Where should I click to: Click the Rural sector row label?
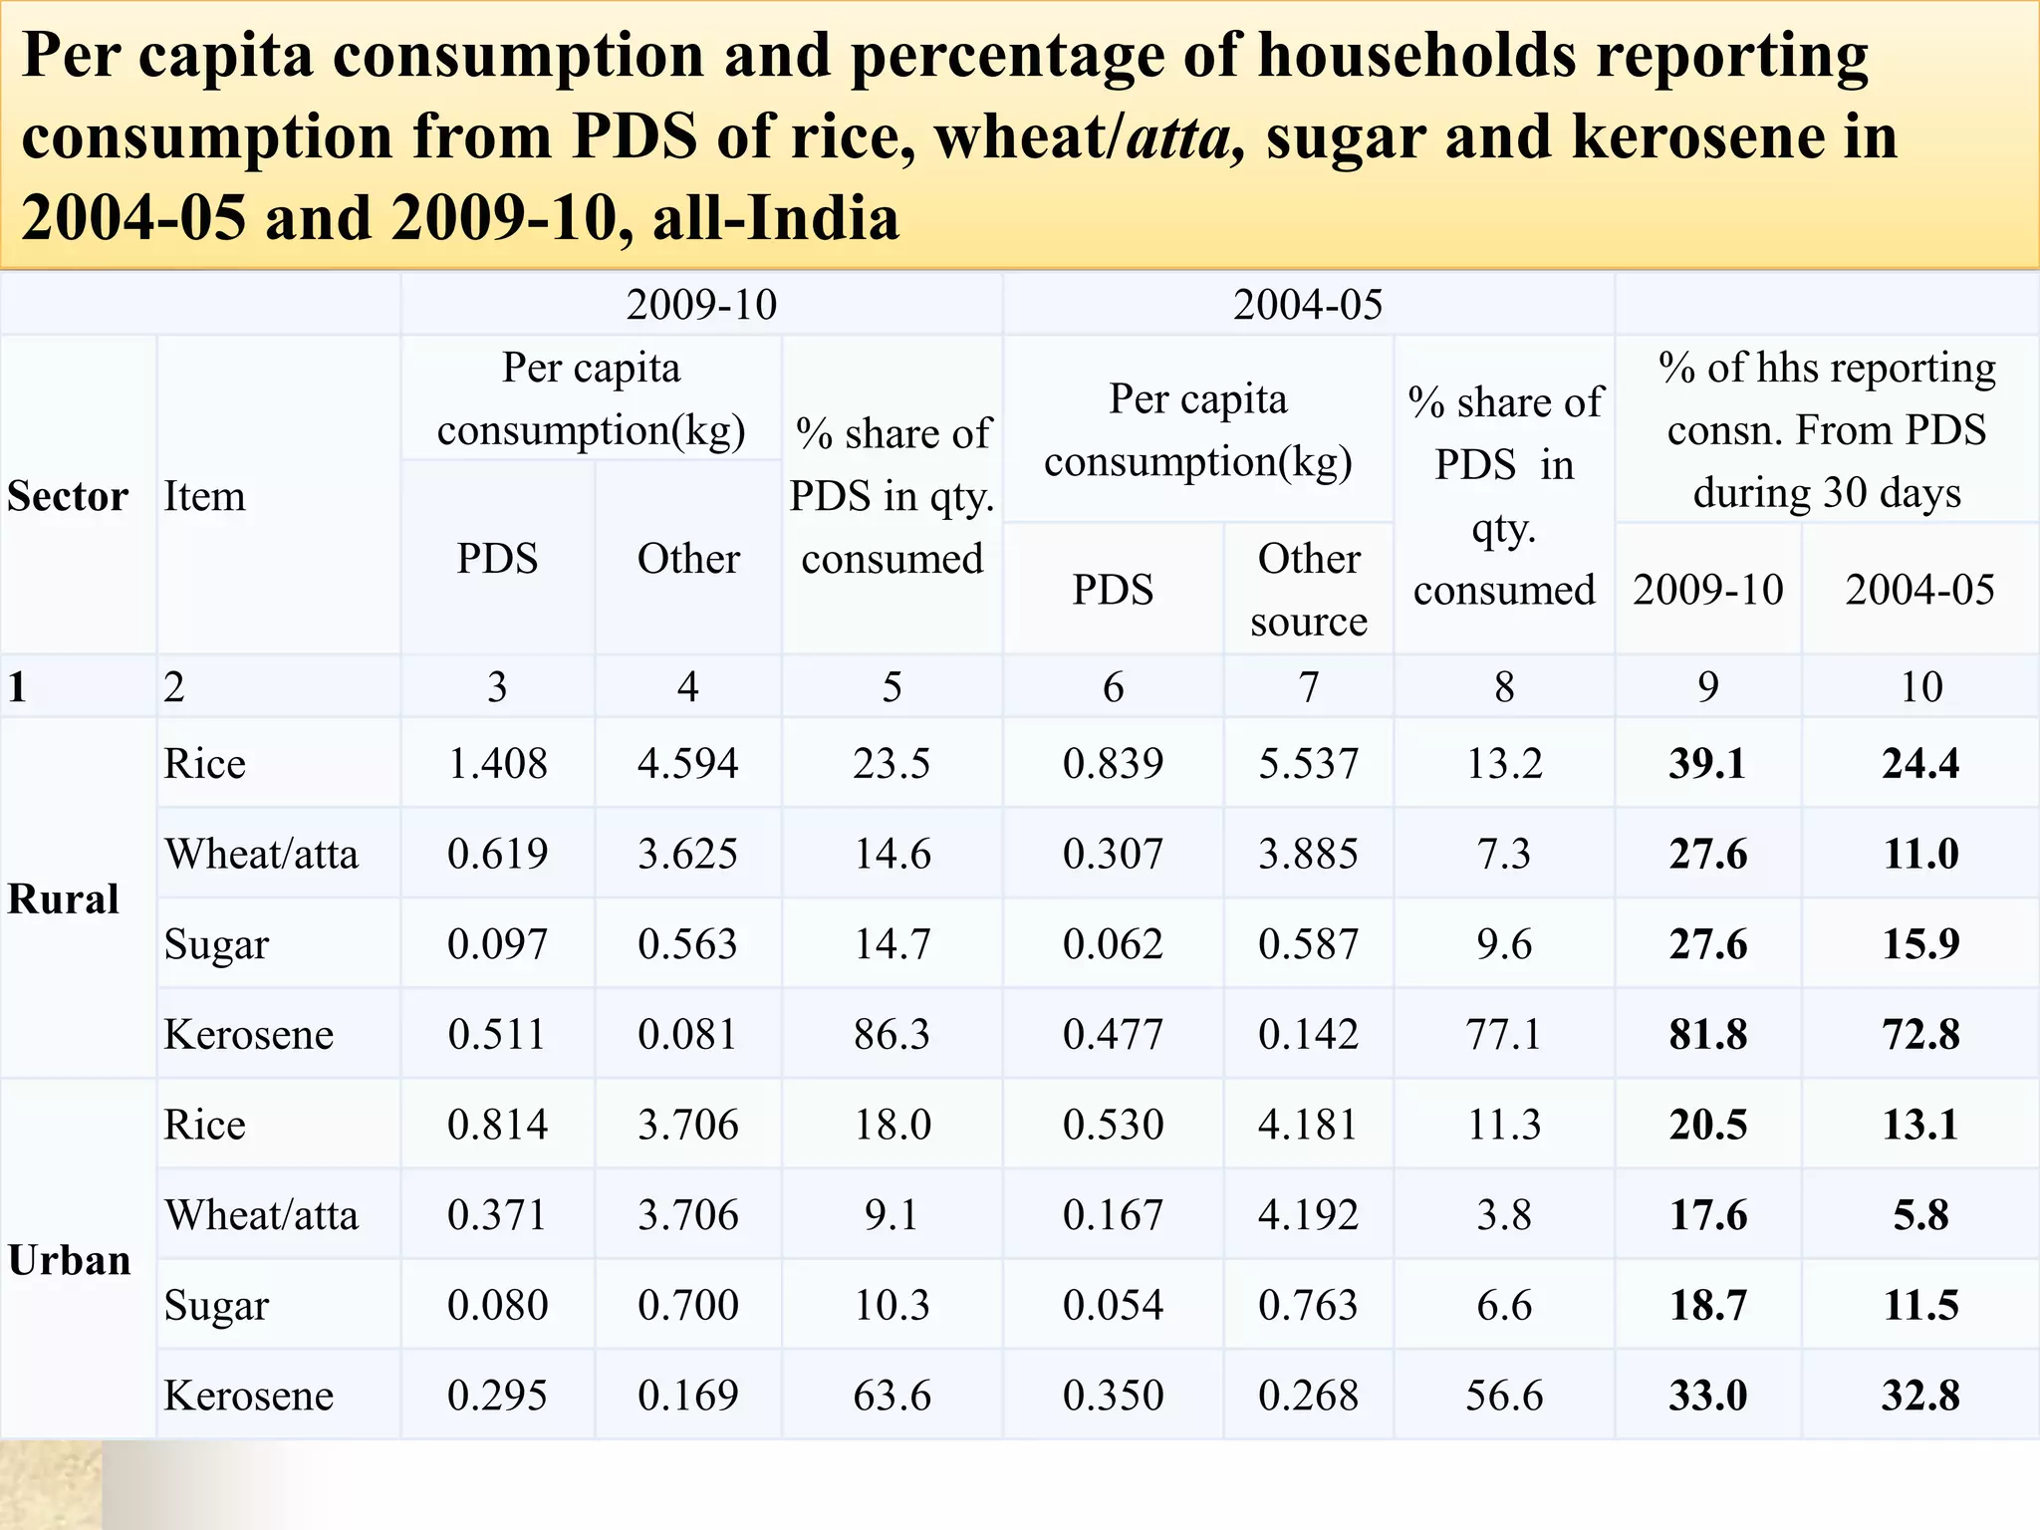[x=63, y=898]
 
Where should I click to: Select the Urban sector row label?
[x=69, y=1260]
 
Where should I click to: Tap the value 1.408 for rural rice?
[x=497, y=764]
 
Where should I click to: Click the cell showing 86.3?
[x=892, y=1034]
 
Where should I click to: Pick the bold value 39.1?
[x=1707, y=764]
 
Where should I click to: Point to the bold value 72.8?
[x=1919, y=1034]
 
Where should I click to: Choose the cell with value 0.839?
[x=1113, y=764]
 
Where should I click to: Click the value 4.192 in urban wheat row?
[x=1308, y=1215]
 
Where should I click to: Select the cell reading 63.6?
[x=892, y=1396]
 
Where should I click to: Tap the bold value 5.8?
[x=1919, y=1215]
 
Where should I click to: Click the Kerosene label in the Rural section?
[x=248, y=1034]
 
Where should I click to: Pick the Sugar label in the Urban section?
[x=216, y=1305]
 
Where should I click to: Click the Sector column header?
[x=68, y=496]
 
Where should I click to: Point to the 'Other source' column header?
[x=1308, y=590]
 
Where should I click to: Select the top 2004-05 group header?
[x=1307, y=305]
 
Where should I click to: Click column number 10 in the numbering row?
[x=1919, y=687]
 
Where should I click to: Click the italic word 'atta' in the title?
[x=1178, y=136]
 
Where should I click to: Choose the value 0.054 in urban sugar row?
[x=1113, y=1305]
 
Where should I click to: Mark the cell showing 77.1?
[x=1503, y=1034]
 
